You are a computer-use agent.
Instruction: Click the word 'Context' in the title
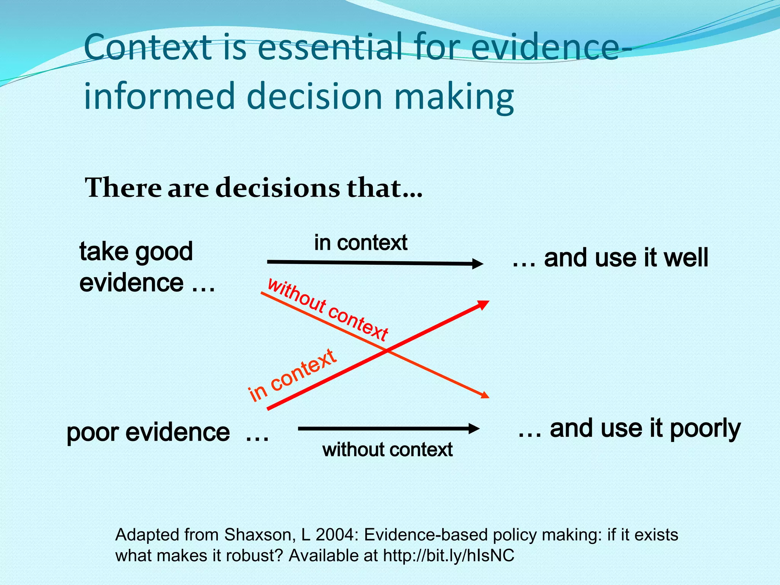(148, 48)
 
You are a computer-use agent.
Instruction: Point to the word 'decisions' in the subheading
(278, 188)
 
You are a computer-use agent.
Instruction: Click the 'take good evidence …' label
(147, 267)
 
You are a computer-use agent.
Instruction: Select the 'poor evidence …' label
(168, 432)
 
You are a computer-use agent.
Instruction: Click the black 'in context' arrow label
(361, 243)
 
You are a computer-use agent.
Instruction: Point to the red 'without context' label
(328, 309)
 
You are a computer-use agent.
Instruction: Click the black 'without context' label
(387, 450)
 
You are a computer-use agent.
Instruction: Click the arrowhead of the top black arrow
(478, 264)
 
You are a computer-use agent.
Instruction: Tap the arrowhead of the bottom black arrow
(474, 428)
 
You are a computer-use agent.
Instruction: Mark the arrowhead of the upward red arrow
(484, 304)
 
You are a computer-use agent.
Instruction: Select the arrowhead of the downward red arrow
(484, 395)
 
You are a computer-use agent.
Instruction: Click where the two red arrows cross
(387, 350)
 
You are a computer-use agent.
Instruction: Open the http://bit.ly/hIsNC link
(448, 556)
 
